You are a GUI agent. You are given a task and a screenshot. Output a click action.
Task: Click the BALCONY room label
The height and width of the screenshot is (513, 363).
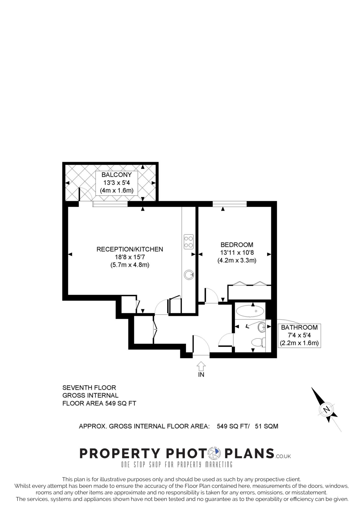(x=116, y=175)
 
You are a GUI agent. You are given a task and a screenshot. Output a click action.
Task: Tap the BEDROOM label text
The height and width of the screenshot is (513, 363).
(x=237, y=244)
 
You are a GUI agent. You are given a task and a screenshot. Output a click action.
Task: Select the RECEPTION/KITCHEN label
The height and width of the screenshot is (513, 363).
(x=130, y=249)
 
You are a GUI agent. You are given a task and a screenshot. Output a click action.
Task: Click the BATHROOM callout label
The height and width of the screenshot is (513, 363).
(x=299, y=327)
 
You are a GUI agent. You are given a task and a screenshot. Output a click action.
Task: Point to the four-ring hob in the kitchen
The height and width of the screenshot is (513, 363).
(x=189, y=241)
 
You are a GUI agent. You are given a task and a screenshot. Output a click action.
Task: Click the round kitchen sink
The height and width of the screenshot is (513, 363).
(x=189, y=275)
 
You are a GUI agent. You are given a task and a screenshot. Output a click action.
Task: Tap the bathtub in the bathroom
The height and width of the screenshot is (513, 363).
(x=250, y=311)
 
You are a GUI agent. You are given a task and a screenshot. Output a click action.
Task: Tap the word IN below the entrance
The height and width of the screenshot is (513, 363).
(x=201, y=374)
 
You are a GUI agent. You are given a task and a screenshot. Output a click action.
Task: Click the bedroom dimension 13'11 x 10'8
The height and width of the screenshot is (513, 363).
(x=237, y=252)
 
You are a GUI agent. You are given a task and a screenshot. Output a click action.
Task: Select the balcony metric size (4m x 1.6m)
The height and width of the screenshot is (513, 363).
(x=117, y=190)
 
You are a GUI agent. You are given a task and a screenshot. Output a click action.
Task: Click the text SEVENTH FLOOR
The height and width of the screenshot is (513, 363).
(x=89, y=388)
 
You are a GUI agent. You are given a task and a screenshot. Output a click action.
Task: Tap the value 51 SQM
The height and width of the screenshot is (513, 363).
(x=267, y=426)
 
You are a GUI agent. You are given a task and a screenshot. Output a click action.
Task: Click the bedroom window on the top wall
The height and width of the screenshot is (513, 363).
(x=230, y=204)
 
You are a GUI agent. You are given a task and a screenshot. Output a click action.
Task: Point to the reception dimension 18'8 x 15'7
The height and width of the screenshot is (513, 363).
(x=130, y=257)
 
